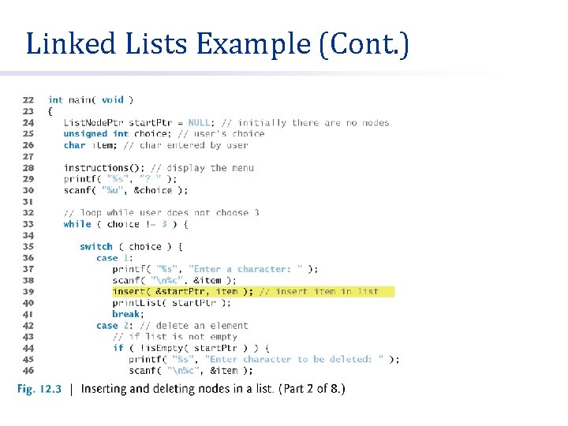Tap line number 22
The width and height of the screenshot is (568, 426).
click(28, 100)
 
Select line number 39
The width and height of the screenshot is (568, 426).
click(28, 292)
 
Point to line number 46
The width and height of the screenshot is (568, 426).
click(28, 371)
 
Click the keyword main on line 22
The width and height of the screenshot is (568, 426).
click(80, 100)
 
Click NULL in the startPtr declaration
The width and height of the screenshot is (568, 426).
click(199, 122)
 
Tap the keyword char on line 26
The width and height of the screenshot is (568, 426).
click(74, 145)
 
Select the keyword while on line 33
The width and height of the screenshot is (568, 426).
click(77, 224)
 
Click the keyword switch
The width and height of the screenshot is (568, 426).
click(96, 247)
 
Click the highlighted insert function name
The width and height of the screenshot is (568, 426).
click(129, 292)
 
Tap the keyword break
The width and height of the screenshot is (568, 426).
click(125, 314)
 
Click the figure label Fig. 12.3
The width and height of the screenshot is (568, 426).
click(39, 389)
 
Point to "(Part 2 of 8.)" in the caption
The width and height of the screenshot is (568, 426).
click(308, 389)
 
